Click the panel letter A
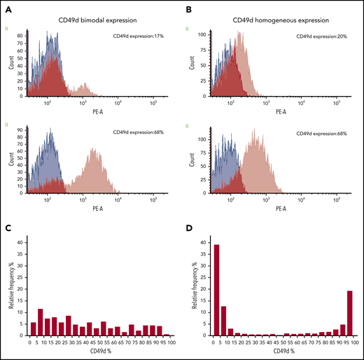(9, 9)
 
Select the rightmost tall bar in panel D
(349, 311)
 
